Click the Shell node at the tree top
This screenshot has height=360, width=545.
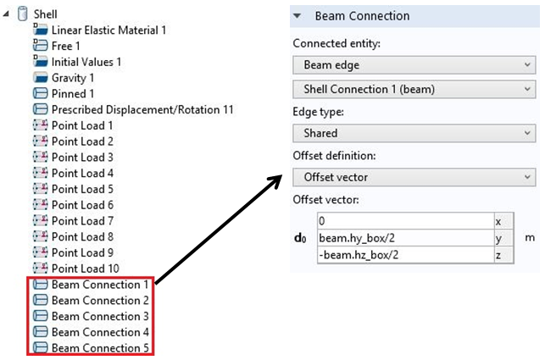tap(45, 14)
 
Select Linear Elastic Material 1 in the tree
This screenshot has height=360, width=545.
tap(108, 30)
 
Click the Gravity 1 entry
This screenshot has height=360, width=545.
tap(73, 78)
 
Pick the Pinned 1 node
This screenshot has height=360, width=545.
tap(73, 94)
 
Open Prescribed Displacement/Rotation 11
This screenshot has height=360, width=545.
tap(142, 110)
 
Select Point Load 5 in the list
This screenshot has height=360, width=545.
tap(82, 189)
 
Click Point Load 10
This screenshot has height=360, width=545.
tap(85, 269)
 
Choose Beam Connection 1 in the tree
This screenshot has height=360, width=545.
tap(100, 285)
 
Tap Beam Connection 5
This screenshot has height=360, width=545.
tap(100, 348)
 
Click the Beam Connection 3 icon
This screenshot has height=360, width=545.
tap(41, 316)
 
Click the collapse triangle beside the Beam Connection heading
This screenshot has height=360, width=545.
tap(298, 16)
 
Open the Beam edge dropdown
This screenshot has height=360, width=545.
tap(414, 65)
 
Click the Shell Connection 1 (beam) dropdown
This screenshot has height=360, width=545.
tap(414, 89)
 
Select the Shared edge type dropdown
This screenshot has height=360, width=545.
tap(414, 133)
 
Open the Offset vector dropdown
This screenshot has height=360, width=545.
tap(414, 177)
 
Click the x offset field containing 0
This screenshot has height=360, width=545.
tap(405, 221)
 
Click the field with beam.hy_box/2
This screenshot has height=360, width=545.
tap(405, 238)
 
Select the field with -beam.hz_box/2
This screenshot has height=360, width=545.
tap(405, 255)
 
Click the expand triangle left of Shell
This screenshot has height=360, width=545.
tap(6, 14)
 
